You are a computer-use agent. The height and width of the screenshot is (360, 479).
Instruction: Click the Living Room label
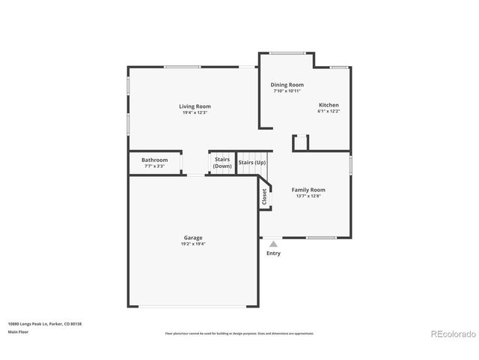192,106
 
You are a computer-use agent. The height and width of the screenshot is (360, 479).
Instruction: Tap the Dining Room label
287,85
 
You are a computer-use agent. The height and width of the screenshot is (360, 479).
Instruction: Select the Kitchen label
329,105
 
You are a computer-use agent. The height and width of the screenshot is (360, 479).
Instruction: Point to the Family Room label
308,190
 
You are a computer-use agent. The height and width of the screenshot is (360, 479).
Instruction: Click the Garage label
192,238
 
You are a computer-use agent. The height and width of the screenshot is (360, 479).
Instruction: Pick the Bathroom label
155,160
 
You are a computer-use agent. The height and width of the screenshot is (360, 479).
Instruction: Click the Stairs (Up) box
251,163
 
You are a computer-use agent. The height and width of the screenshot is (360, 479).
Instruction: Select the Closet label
265,196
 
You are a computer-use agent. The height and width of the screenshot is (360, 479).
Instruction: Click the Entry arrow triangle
274,244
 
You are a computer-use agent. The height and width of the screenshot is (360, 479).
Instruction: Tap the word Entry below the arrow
274,253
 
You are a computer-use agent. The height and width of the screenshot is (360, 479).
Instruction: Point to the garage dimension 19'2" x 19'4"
192,244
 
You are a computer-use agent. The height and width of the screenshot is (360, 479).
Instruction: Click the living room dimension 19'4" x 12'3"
192,112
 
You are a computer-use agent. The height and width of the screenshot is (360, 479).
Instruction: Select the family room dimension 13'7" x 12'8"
308,196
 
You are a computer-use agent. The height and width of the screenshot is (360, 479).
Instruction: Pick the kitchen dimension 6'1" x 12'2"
329,111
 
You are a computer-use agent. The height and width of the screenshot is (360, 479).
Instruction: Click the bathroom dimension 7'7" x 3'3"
155,166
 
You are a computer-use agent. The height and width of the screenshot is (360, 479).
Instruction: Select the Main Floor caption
18,331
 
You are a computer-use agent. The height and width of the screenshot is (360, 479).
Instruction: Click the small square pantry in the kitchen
301,143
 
